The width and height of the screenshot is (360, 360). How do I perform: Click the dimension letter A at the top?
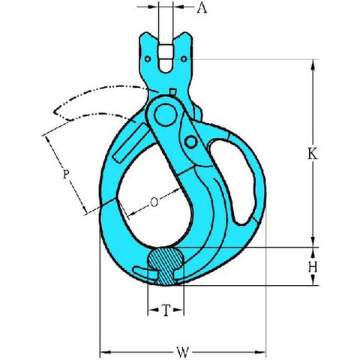click(202, 8)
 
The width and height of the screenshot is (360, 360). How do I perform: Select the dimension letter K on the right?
click(313, 154)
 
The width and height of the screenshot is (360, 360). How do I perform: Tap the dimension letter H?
click(313, 267)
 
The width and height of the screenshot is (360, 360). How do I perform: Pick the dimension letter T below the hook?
click(166, 310)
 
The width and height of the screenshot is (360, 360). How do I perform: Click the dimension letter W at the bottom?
click(183, 352)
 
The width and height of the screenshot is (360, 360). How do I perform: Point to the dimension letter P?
click(65, 174)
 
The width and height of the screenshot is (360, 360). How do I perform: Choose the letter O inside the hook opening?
click(154, 202)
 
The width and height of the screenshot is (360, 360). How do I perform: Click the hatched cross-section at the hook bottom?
click(166, 265)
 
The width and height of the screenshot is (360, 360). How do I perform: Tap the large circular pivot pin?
click(166, 115)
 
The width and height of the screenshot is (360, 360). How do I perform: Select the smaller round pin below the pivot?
click(190, 142)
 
